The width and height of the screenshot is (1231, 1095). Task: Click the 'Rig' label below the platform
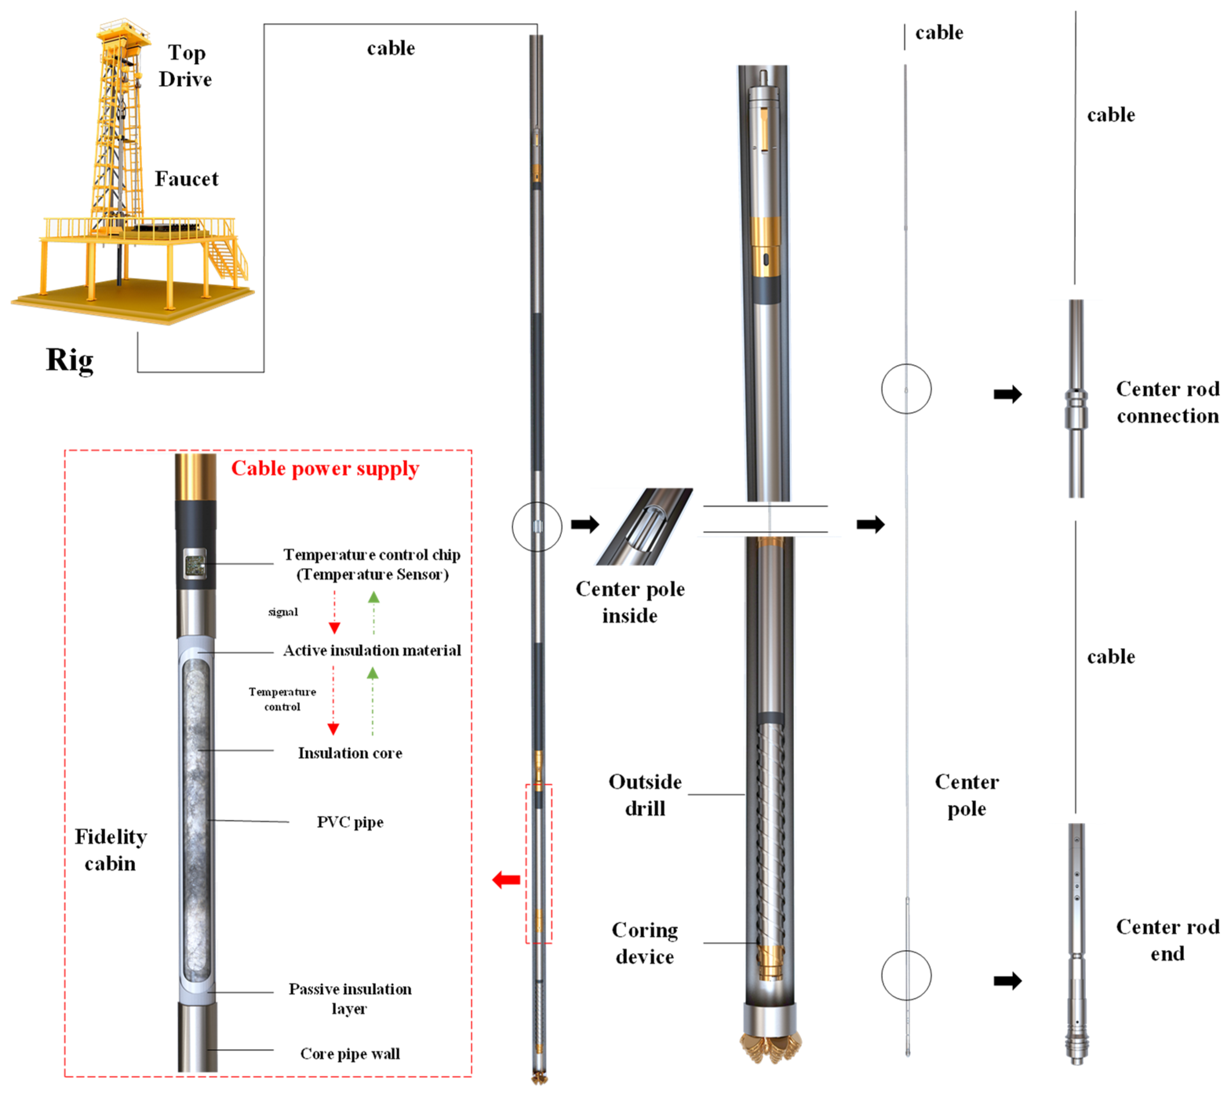tap(69, 360)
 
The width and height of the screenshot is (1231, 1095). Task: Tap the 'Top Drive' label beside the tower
tap(185, 66)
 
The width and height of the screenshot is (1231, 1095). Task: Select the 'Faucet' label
tap(186, 179)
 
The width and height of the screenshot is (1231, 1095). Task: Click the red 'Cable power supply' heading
tap(325, 469)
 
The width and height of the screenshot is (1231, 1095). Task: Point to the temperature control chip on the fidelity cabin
tap(195, 565)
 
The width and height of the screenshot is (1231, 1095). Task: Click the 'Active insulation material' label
tap(372, 651)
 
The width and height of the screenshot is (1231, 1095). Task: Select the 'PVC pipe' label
tap(350, 822)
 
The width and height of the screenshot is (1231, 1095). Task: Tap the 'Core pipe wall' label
tap(350, 1053)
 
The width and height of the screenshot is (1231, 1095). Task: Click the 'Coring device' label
tap(644, 943)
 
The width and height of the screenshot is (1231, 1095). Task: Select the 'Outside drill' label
tap(644, 795)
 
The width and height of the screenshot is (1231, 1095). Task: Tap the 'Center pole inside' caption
tap(630, 602)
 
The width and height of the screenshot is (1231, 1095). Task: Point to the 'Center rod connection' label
tap(1167, 402)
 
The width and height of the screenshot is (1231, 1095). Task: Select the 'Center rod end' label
tap(1167, 940)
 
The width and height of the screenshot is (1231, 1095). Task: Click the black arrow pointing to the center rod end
tap(1007, 981)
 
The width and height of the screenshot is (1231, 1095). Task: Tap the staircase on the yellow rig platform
tap(227, 258)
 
